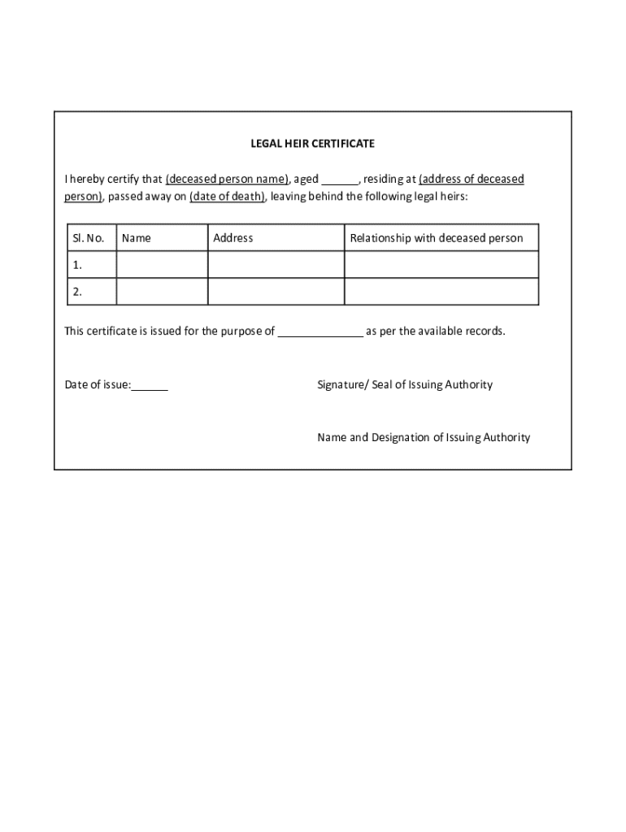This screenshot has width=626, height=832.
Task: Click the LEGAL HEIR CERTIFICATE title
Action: pos(312,143)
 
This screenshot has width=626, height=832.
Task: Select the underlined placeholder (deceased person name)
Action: pos(227,179)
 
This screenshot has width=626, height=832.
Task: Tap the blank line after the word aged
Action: pos(340,180)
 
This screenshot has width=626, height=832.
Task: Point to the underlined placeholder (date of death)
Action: pos(227,197)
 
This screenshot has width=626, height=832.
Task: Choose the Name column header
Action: pos(136,238)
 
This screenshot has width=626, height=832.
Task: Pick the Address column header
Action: pos(233,238)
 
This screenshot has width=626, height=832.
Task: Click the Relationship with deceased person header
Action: pos(436,238)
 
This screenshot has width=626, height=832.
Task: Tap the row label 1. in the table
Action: pos(77,265)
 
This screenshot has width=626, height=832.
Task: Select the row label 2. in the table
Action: pos(77,292)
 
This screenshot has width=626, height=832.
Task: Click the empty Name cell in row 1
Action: pos(162,265)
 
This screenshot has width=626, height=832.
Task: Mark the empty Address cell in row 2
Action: pos(276,292)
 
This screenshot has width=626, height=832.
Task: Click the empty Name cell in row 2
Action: pos(162,292)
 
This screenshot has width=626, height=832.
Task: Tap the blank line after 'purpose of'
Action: pos(320,332)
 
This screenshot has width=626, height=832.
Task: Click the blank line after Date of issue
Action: pos(150,386)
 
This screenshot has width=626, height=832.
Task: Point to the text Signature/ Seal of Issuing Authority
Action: pos(404,384)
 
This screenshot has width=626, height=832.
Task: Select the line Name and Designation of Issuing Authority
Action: pos(423,437)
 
